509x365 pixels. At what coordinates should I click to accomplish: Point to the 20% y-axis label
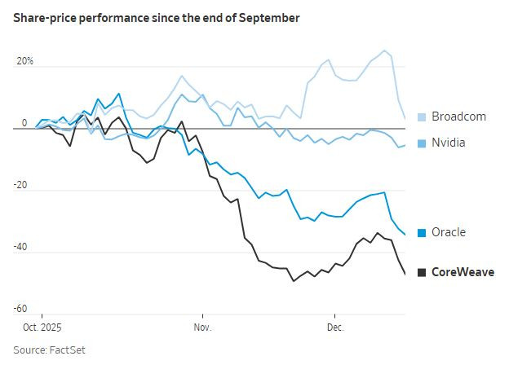[x=25, y=62]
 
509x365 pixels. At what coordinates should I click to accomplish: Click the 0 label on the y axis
[x=24, y=123]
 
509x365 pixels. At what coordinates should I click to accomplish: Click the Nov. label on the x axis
[x=202, y=328]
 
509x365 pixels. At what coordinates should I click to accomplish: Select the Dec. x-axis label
[x=334, y=328]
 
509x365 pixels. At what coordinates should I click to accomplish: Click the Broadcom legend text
[x=458, y=117]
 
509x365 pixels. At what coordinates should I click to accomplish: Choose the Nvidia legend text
[x=449, y=143]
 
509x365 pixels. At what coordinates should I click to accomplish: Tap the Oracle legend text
[x=448, y=232]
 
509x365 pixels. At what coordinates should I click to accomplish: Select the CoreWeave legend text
[x=463, y=272]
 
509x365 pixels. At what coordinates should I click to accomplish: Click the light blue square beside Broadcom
[x=422, y=117]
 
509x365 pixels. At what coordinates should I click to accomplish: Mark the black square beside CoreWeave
[x=422, y=272]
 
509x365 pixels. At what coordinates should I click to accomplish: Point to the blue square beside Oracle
[x=422, y=232]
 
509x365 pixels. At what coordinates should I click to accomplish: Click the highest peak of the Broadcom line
[x=385, y=51]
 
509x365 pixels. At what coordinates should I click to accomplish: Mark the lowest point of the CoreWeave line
[x=294, y=281]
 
